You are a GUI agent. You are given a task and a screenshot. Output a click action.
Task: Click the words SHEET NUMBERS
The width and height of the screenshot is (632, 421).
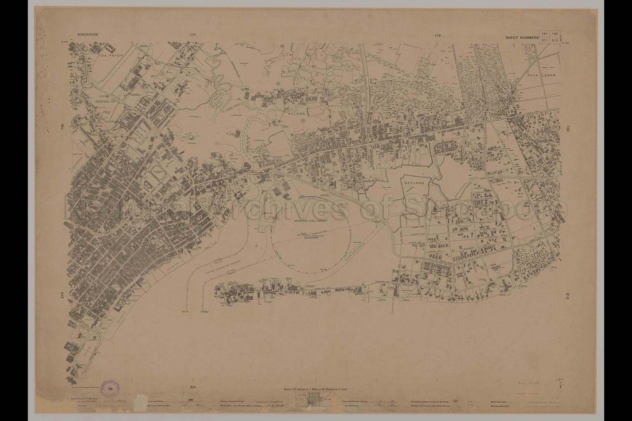pos(522,37)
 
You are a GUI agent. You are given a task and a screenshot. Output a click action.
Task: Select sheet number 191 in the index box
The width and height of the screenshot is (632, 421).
pos(545,34)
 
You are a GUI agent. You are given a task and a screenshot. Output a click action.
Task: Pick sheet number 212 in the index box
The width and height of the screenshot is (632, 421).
pos(555,40)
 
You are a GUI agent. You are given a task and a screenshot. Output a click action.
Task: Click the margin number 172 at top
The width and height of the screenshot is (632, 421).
pos(437,36)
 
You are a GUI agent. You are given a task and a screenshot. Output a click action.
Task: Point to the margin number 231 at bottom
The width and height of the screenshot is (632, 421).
pos(194,387)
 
